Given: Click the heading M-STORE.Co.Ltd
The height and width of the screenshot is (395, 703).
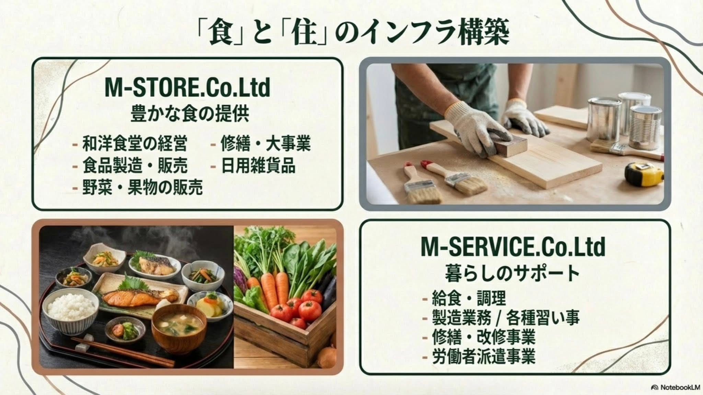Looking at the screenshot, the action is (187, 88).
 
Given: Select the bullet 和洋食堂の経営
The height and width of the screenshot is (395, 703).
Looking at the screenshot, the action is (135, 143).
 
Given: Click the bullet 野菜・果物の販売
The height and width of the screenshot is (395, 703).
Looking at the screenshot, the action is (142, 187).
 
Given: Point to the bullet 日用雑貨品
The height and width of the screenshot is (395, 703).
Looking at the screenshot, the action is (258, 165).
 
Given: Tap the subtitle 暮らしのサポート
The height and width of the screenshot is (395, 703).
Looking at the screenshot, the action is (512, 273).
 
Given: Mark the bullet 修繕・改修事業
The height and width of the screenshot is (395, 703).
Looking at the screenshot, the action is (484, 337).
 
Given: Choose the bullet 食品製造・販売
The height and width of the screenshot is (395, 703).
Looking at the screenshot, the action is (135, 165).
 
